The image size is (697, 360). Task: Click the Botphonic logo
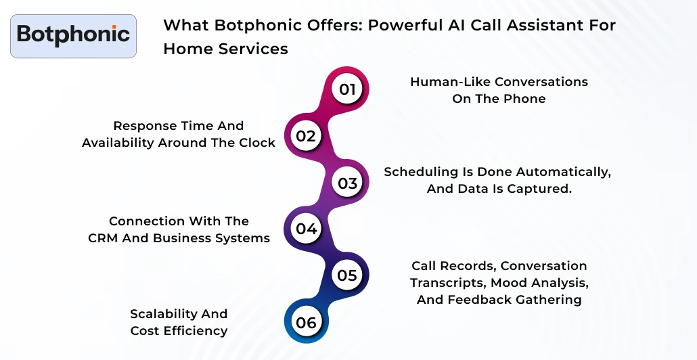[x=73, y=35]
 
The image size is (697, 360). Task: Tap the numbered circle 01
[x=347, y=89]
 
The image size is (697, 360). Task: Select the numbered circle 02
[x=306, y=136]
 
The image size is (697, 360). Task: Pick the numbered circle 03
[x=347, y=183]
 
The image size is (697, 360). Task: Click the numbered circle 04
[x=306, y=229]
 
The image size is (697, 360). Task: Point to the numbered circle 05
[x=347, y=275]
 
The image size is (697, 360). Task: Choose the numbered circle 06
[x=306, y=323]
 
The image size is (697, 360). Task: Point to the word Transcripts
[x=448, y=282]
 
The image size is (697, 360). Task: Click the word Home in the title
[x=187, y=49]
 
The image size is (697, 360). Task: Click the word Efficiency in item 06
[x=195, y=331]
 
